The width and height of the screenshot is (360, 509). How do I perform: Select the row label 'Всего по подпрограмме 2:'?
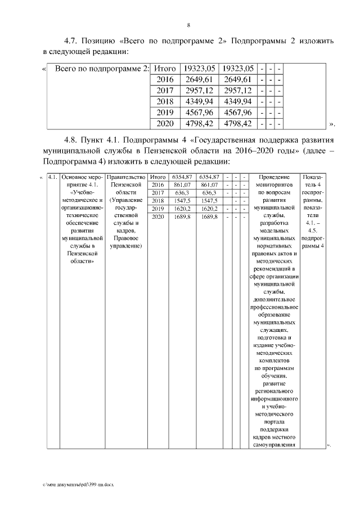tap(102, 69)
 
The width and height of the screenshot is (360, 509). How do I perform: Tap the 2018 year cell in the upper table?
tap(165, 101)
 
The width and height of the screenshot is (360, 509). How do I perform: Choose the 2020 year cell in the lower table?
tap(157, 217)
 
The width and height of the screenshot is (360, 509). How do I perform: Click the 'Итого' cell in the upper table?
tap(165, 69)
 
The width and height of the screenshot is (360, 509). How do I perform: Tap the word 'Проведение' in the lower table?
tap(274, 177)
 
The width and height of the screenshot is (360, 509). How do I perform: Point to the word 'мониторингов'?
tap(274, 185)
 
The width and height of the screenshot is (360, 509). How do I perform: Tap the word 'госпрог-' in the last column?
tap(313, 192)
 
